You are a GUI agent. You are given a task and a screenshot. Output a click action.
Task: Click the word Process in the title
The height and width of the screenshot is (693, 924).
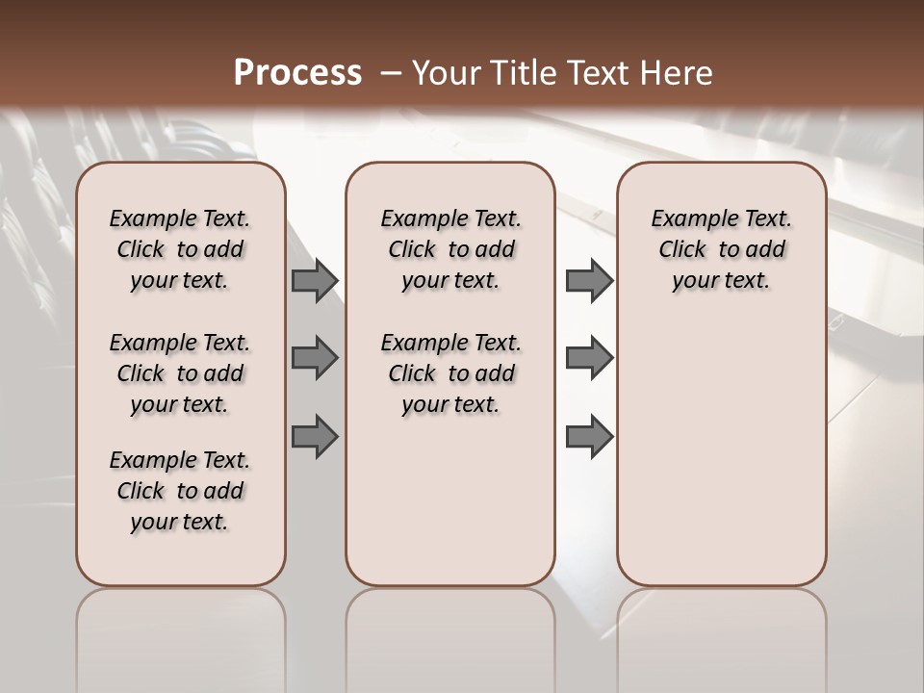(x=297, y=73)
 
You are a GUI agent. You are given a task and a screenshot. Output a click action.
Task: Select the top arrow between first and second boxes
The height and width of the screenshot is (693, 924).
(x=315, y=281)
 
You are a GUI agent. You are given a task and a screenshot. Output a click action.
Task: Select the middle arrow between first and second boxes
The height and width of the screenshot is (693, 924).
(x=315, y=358)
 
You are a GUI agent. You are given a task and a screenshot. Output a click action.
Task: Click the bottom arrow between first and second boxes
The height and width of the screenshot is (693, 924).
(x=315, y=437)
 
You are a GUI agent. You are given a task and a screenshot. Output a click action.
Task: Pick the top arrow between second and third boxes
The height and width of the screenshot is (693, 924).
(x=589, y=281)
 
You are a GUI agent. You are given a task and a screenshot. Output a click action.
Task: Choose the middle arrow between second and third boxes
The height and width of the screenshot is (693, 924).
(x=589, y=358)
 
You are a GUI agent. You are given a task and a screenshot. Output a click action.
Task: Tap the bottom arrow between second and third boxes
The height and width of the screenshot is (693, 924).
(x=589, y=437)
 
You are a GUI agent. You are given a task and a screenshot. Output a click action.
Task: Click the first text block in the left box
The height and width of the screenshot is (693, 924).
(x=180, y=249)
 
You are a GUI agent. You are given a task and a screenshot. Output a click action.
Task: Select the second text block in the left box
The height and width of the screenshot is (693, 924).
(x=180, y=373)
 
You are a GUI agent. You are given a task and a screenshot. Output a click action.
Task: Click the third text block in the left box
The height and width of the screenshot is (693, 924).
(x=180, y=491)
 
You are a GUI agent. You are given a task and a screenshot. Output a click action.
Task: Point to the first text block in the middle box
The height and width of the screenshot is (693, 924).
(x=450, y=249)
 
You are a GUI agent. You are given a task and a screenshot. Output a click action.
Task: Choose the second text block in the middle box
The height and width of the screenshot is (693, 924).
(x=450, y=373)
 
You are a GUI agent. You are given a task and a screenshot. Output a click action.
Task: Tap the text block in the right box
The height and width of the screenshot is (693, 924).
(x=721, y=249)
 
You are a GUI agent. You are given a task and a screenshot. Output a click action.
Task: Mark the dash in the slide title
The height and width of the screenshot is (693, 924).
(x=391, y=74)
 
